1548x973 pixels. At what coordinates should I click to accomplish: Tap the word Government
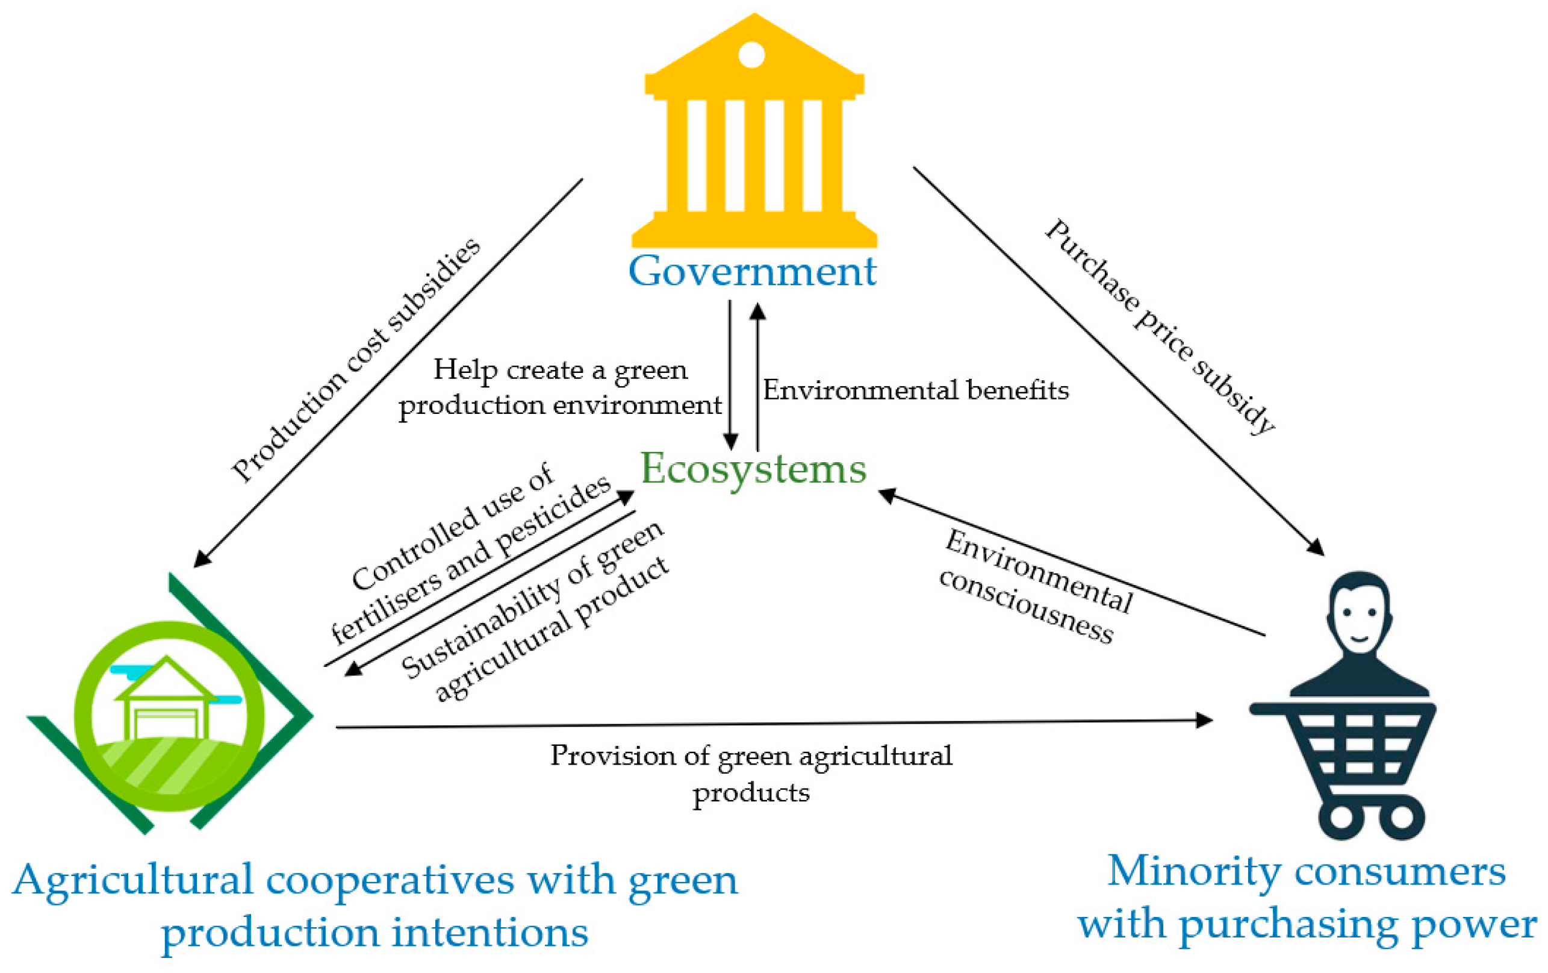click(x=752, y=271)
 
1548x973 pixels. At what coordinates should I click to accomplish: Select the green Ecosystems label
click(x=753, y=468)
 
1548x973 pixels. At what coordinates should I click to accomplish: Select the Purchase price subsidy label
click(x=1160, y=328)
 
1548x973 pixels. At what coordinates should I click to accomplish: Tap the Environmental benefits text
click(x=915, y=391)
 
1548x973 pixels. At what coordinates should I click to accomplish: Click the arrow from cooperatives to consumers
click(x=771, y=724)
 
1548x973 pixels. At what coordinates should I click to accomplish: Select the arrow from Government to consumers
click(x=1119, y=360)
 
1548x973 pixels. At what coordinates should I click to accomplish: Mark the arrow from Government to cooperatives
click(x=388, y=373)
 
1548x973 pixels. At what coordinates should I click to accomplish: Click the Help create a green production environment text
click(x=560, y=388)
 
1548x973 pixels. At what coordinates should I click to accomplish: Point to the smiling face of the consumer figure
click(x=1359, y=618)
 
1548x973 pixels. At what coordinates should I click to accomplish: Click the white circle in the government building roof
click(x=751, y=55)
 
